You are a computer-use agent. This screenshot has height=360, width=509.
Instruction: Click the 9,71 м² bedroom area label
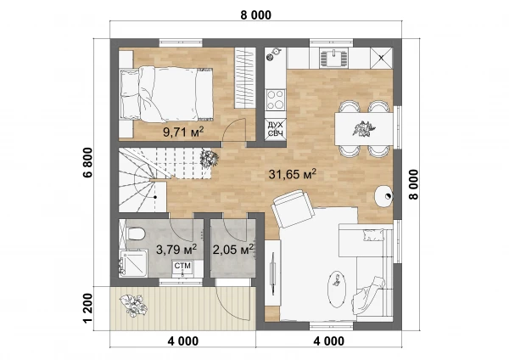click(x=183, y=132)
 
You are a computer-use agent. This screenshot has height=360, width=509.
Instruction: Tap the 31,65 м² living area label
click(x=292, y=174)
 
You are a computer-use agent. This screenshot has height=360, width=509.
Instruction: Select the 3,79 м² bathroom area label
click(x=176, y=250)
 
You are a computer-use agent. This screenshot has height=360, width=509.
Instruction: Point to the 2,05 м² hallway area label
click(x=233, y=250)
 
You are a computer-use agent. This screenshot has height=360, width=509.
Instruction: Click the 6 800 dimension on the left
click(x=87, y=162)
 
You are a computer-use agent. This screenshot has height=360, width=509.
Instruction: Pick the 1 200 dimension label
click(x=87, y=309)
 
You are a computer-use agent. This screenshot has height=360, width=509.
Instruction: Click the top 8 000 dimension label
click(x=256, y=15)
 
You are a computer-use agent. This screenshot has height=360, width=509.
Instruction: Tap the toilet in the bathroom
click(x=136, y=233)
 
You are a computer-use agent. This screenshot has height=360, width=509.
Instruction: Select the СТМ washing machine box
click(x=182, y=268)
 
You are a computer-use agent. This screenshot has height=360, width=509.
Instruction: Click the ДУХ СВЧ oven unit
click(x=275, y=129)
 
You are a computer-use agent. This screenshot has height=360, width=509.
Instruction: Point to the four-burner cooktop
click(x=275, y=100)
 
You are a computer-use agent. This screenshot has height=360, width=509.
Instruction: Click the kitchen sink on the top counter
click(x=333, y=58)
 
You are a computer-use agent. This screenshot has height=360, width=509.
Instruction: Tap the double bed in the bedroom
click(x=166, y=94)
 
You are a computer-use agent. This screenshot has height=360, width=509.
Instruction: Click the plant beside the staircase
click(x=209, y=158)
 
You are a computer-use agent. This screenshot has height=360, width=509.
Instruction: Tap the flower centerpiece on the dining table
click(x=364, y=127)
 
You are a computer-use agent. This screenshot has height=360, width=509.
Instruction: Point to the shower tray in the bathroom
click(x=133, y=263)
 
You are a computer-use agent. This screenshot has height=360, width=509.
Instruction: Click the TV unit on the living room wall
click(x=272, y=273)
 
